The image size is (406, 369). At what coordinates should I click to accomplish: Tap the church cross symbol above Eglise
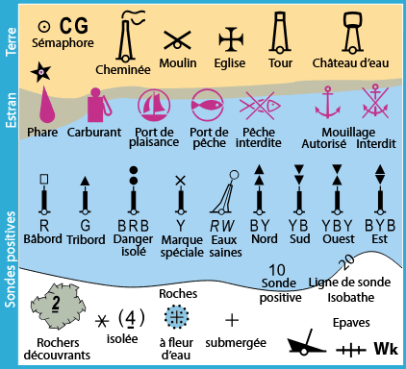(230, 38)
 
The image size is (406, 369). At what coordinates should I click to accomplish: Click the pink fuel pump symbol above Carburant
(97, 106)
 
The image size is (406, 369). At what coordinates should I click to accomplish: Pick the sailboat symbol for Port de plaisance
(154, 104)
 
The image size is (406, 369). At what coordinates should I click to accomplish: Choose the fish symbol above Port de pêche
(207, 104)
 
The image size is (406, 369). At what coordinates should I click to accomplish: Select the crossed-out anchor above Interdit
(375, 102)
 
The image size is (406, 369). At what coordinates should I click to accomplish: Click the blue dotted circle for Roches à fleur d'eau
(177, 315)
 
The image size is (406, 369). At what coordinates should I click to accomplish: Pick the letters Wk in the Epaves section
(386, 347)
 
